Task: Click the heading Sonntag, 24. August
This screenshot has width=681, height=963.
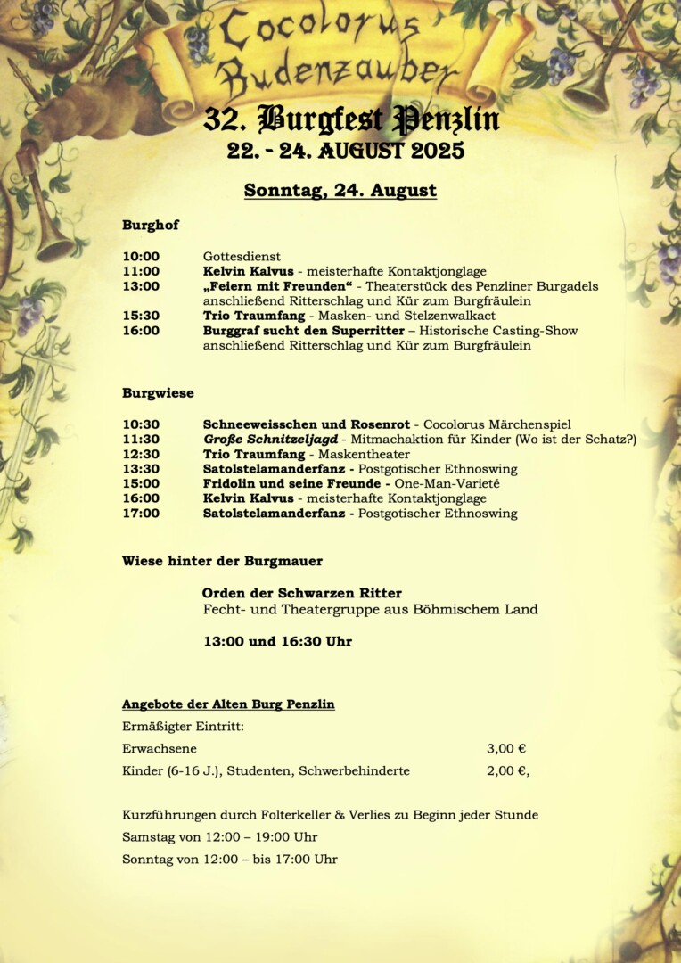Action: (x=340, y=191)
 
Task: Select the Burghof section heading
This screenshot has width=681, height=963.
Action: (x=151, y=226)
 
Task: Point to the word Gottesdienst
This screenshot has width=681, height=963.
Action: (x=242, y=257)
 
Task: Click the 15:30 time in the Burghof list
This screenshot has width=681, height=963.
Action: (x=141, y=316)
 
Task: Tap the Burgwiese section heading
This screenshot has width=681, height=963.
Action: (x=158, y=393)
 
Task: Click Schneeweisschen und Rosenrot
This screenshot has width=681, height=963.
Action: (x=307, y=424)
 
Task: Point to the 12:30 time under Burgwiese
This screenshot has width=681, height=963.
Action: (x=141, y=455)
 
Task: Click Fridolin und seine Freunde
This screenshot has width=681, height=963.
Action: (x=291, y=484)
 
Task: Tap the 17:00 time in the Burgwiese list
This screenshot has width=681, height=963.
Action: (x=141, y=514)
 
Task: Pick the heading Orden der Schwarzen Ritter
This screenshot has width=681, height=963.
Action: (x=301, y=593)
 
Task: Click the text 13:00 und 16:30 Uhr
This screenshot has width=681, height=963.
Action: (x=278, y=642)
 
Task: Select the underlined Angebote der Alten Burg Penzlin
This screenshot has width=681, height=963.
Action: (x=228, y=704)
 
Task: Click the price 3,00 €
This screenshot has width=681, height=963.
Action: (x=506, y=749)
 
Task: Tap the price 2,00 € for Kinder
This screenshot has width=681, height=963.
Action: (x=506, y=771)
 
